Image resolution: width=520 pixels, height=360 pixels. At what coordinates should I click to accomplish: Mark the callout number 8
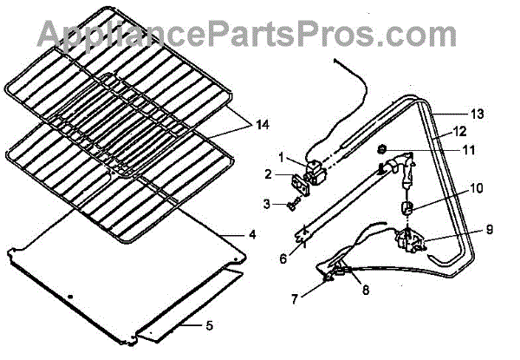pyautogui.click(x=365, y=291)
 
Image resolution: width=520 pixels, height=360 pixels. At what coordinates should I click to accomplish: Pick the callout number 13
pyautogui.click(x=476, y=115)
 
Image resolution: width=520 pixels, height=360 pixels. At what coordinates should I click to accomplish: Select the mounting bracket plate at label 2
pyautogui.click(x=301, y=179)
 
